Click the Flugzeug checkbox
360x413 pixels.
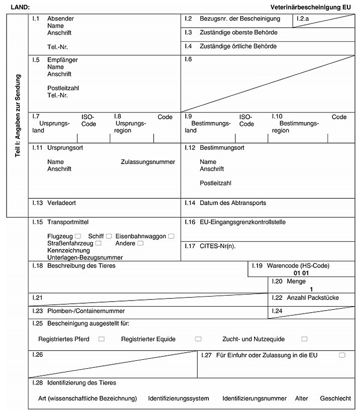click(78, 236)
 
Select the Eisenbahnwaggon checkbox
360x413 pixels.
click(171, 236)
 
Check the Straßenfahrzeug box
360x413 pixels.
click(98, 243)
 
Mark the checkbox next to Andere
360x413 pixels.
click(140, 243)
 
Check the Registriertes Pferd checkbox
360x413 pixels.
click(101, 339)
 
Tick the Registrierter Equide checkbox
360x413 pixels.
click(198, 339)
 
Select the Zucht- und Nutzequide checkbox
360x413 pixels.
click(304, 339)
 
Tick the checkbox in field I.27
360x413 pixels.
click(342, 355)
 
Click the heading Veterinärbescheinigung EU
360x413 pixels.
click(310, 8)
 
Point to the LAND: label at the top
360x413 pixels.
click(20, 8)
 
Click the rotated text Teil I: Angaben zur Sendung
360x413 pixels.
click(18, 116)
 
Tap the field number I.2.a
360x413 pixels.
click(303, 19)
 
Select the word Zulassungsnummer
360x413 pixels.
click(148, 162)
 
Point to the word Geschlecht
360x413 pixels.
click(335, 398)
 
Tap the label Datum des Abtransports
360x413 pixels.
click(232, 203)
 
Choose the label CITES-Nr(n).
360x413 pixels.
click(217, 246)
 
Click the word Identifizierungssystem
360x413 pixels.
click(178, 398)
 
